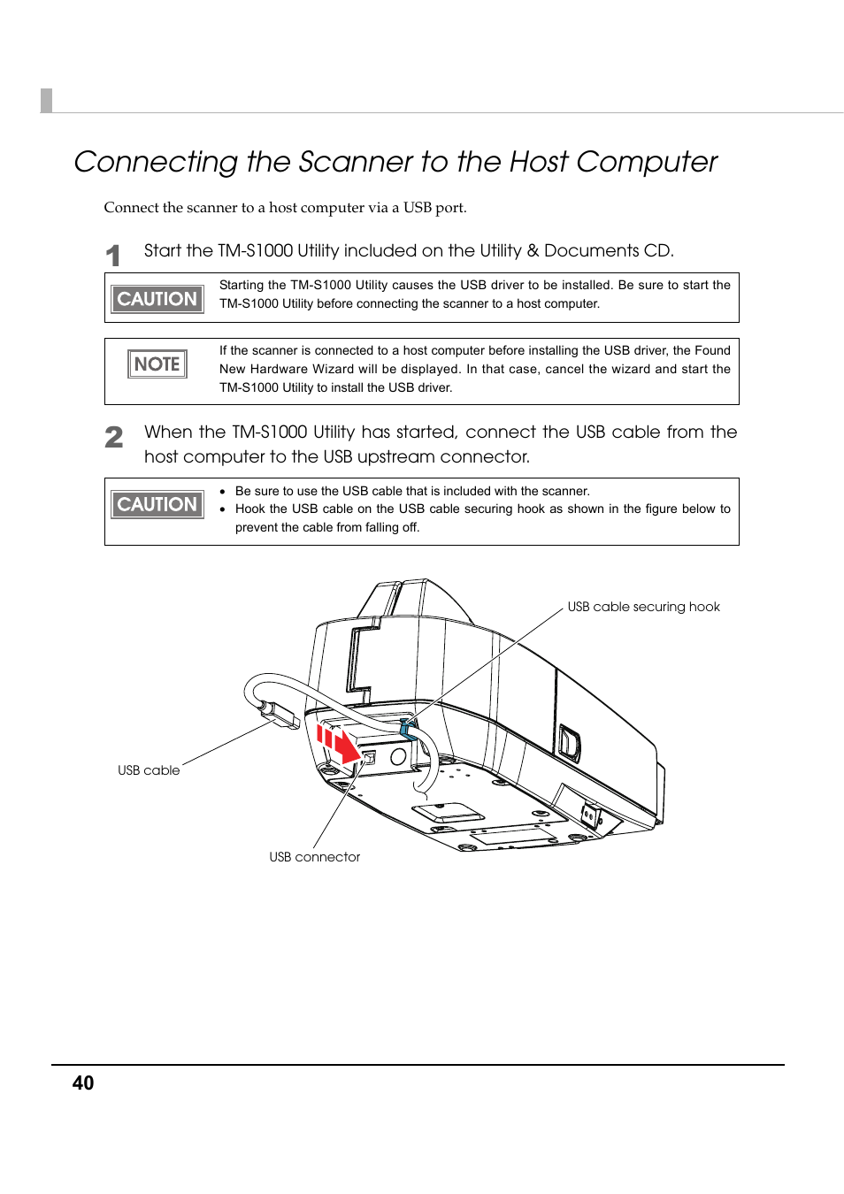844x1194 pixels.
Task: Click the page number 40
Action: pos(83,1083)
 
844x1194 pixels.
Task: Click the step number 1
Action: pos(113,256)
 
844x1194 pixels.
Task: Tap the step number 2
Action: pos(114,437)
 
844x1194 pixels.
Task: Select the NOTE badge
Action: pos(157,364)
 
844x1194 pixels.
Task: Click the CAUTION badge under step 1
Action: pos(157,299)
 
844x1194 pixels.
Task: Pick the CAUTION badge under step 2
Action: pos(157,504)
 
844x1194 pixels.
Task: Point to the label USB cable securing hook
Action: pos(643,607)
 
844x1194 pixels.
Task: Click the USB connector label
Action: pos(314,857)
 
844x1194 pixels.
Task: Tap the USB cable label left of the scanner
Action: pos(149,770)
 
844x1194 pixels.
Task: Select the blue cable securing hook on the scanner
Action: pos(409,729)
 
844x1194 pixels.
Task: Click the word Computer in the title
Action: pos(647,162)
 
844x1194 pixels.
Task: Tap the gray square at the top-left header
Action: pos(47,101)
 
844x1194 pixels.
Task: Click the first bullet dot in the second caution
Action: pos(223,491)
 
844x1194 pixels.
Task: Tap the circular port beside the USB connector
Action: pos(398,756)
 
